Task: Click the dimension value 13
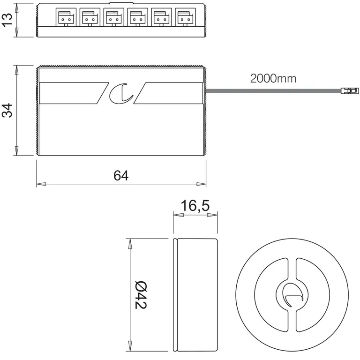click(x=7, y=20)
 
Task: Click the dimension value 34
click(x=7, y=111)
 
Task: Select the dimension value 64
click(x=121, y=175)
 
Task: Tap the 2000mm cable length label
click(x=273, y=78)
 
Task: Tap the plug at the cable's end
click(x=346, y=90)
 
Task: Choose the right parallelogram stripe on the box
click(x=170, y=93)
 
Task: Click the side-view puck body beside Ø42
click(x=195, y=294)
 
